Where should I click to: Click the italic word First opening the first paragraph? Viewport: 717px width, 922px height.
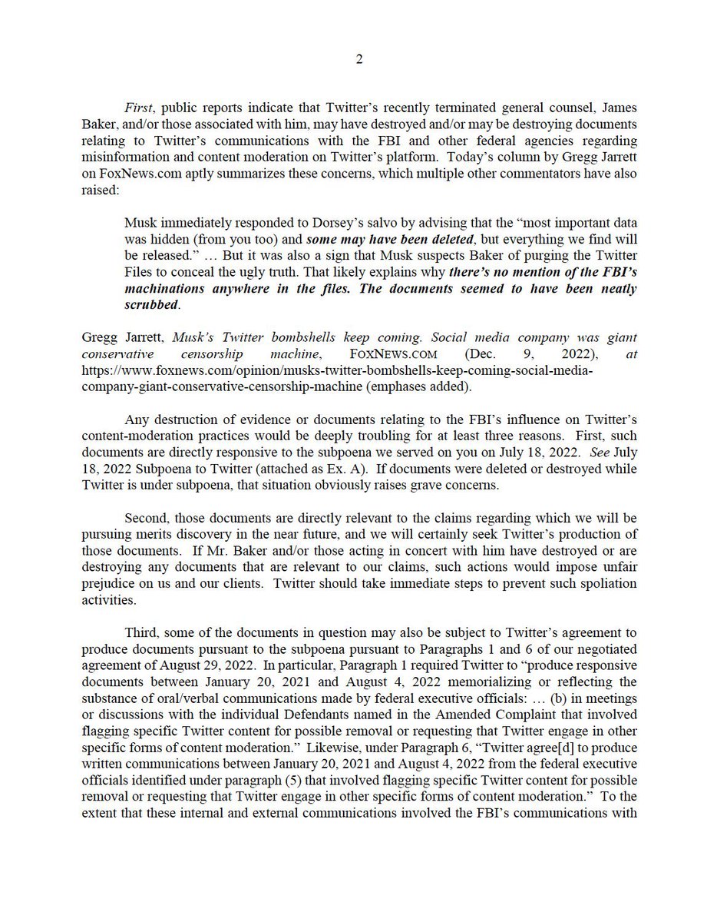(137, 109)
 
